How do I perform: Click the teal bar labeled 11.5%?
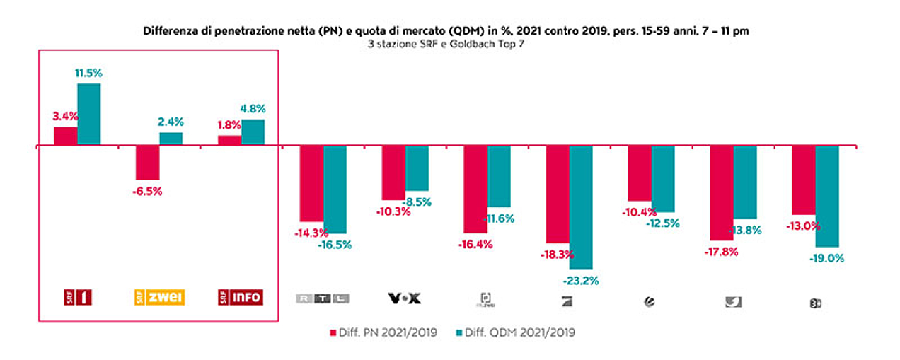coord(89,115)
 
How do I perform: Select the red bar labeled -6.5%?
coord(147,163)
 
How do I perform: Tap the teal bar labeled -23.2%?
coord(581,208)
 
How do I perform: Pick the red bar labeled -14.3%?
coord(311,184)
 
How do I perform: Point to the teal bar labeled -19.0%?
coord(827,197)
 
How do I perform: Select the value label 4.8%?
coord(253,109)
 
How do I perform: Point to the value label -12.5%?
coord(662,223)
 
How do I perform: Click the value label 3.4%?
coord(64,116)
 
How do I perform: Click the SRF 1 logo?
coord(77,298)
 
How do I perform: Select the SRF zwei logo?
coord(159,298)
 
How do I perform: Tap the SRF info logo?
coord(241,298)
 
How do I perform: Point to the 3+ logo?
coord(814,303)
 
